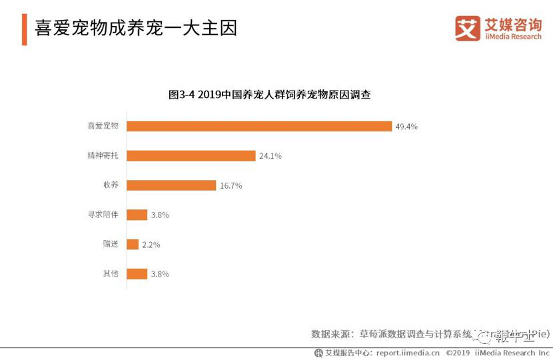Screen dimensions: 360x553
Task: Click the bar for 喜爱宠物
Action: pos(259,127)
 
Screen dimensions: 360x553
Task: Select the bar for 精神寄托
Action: pos(191,156)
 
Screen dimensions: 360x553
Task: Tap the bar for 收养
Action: pos(171,185)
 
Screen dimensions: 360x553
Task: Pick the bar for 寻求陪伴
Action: pos(137,215)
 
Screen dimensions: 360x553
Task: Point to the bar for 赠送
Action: pos(133,244)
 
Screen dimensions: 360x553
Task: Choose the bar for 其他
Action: pos(137,273)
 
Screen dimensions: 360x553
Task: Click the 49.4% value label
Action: pos(406,127)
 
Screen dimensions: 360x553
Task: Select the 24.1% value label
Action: pos(270,156)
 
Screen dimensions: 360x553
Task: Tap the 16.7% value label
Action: pos(231,186)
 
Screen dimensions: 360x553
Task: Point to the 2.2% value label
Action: pos(151,245)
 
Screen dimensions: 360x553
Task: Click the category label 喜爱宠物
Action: pos(103,127)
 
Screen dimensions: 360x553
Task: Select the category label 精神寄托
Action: pos(103,156)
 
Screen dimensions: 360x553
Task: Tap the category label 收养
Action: pos(111,185)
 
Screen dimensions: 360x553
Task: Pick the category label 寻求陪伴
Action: pos(103,215)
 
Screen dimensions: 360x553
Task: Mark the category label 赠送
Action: pos(111,244)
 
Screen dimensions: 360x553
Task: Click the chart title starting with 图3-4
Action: pos(269,95)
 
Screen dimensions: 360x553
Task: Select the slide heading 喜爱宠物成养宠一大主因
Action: pos(136,29)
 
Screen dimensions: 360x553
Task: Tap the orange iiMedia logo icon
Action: pos(468,29)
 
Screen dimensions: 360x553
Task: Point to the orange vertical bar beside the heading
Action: pos(24,29)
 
